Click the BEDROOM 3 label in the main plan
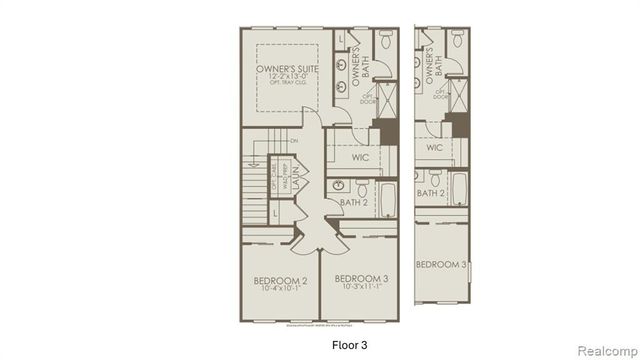click(360, 278)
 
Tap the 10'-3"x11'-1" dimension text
click(360, 287)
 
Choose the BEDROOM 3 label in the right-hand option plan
click(442, 264)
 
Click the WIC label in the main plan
click(362, 157)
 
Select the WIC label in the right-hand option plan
click(434, 148)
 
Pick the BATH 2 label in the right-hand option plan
click(431, 193)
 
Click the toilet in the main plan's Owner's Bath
click(386, 40)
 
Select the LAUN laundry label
click(297, 187)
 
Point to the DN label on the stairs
click(293, 141)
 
